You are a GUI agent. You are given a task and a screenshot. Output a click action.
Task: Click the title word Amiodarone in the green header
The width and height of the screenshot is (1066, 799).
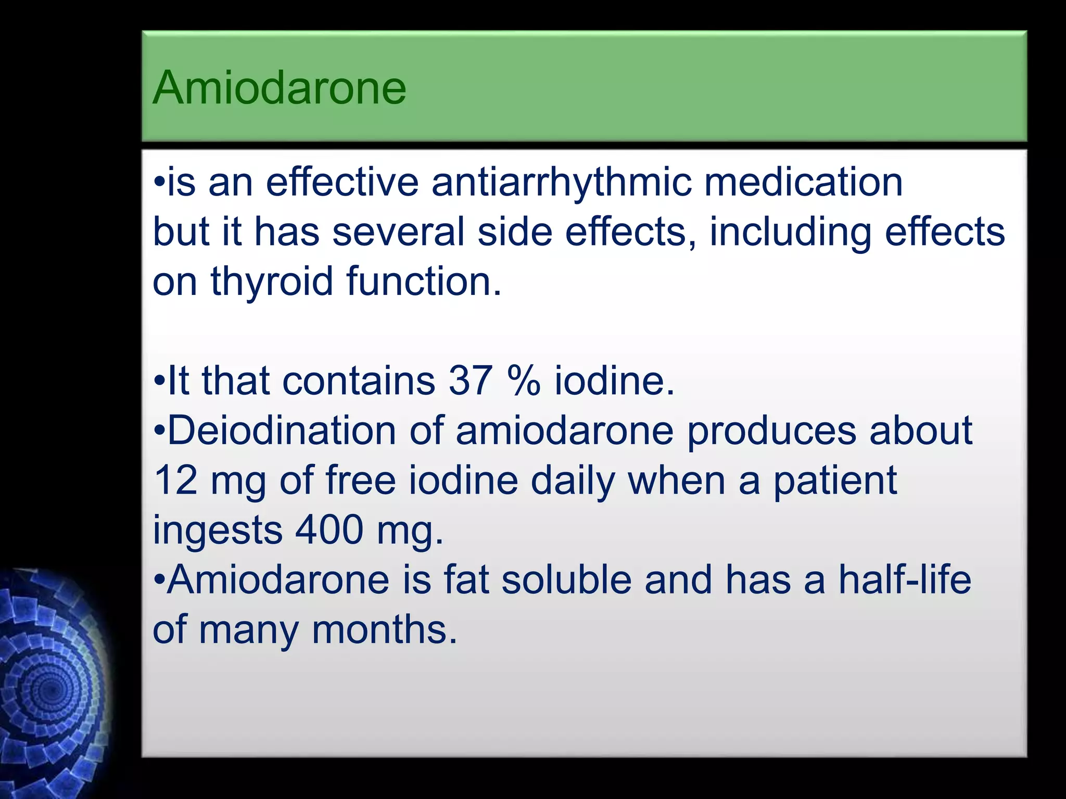pyautogui.click(x=280, y=88)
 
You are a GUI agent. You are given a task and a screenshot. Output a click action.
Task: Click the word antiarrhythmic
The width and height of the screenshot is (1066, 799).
pyautogui.click(x=562, y=183)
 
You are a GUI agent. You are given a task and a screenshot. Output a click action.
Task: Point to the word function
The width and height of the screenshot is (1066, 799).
pyautogui.click(x=423, y=281)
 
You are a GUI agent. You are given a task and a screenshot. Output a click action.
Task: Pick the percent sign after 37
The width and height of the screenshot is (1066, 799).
pyautogui.click(x=523, y=381)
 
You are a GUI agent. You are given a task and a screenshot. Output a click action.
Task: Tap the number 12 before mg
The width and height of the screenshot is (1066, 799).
pyautogui.click(x=176, y=480)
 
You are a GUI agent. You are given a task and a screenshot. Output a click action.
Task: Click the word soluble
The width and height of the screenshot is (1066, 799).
pyautogui.click(x=566, y=579)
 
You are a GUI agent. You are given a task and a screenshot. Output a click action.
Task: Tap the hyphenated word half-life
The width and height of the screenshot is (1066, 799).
pyautogui.click(x=905, y=579)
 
